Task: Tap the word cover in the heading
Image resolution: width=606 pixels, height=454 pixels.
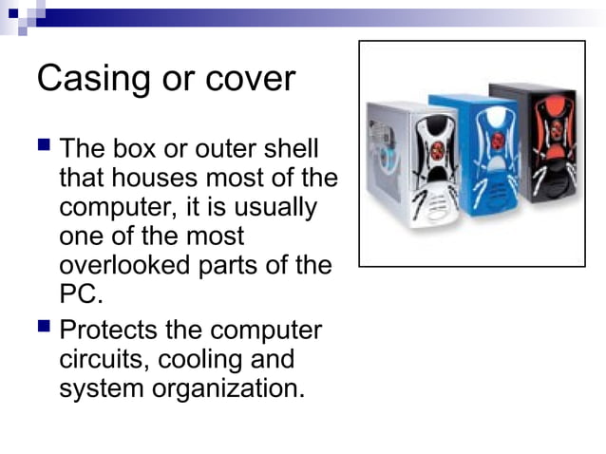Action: [250, 79]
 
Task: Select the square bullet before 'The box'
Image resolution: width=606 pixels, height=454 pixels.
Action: [44, 145]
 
